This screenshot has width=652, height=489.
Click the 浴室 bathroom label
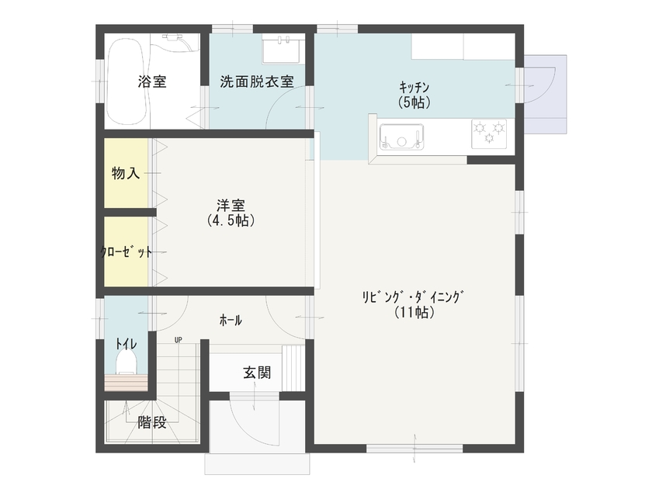pos(152,81)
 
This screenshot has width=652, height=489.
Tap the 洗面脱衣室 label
pos(256,81)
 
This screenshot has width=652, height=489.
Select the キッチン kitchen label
pos(414,87)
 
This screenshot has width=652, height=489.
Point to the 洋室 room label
pos(231,206)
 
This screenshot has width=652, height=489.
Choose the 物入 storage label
pos(126,174)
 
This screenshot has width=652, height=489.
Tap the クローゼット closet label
pos(125,252)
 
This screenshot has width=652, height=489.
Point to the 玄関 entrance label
pos(257,373)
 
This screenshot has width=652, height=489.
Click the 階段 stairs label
pos(152,423)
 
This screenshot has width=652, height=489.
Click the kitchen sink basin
pos(402,137)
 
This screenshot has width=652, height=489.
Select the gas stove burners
pos(488,133)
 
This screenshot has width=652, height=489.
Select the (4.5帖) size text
pos(231,221)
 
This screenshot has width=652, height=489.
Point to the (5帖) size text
pos(414,102)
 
